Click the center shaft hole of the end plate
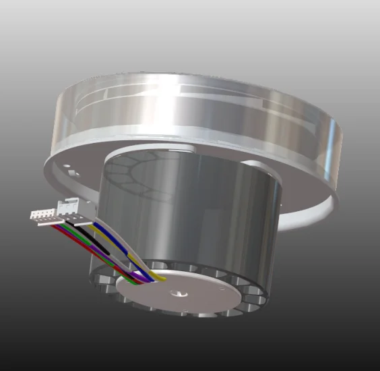tap(179, 293)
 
